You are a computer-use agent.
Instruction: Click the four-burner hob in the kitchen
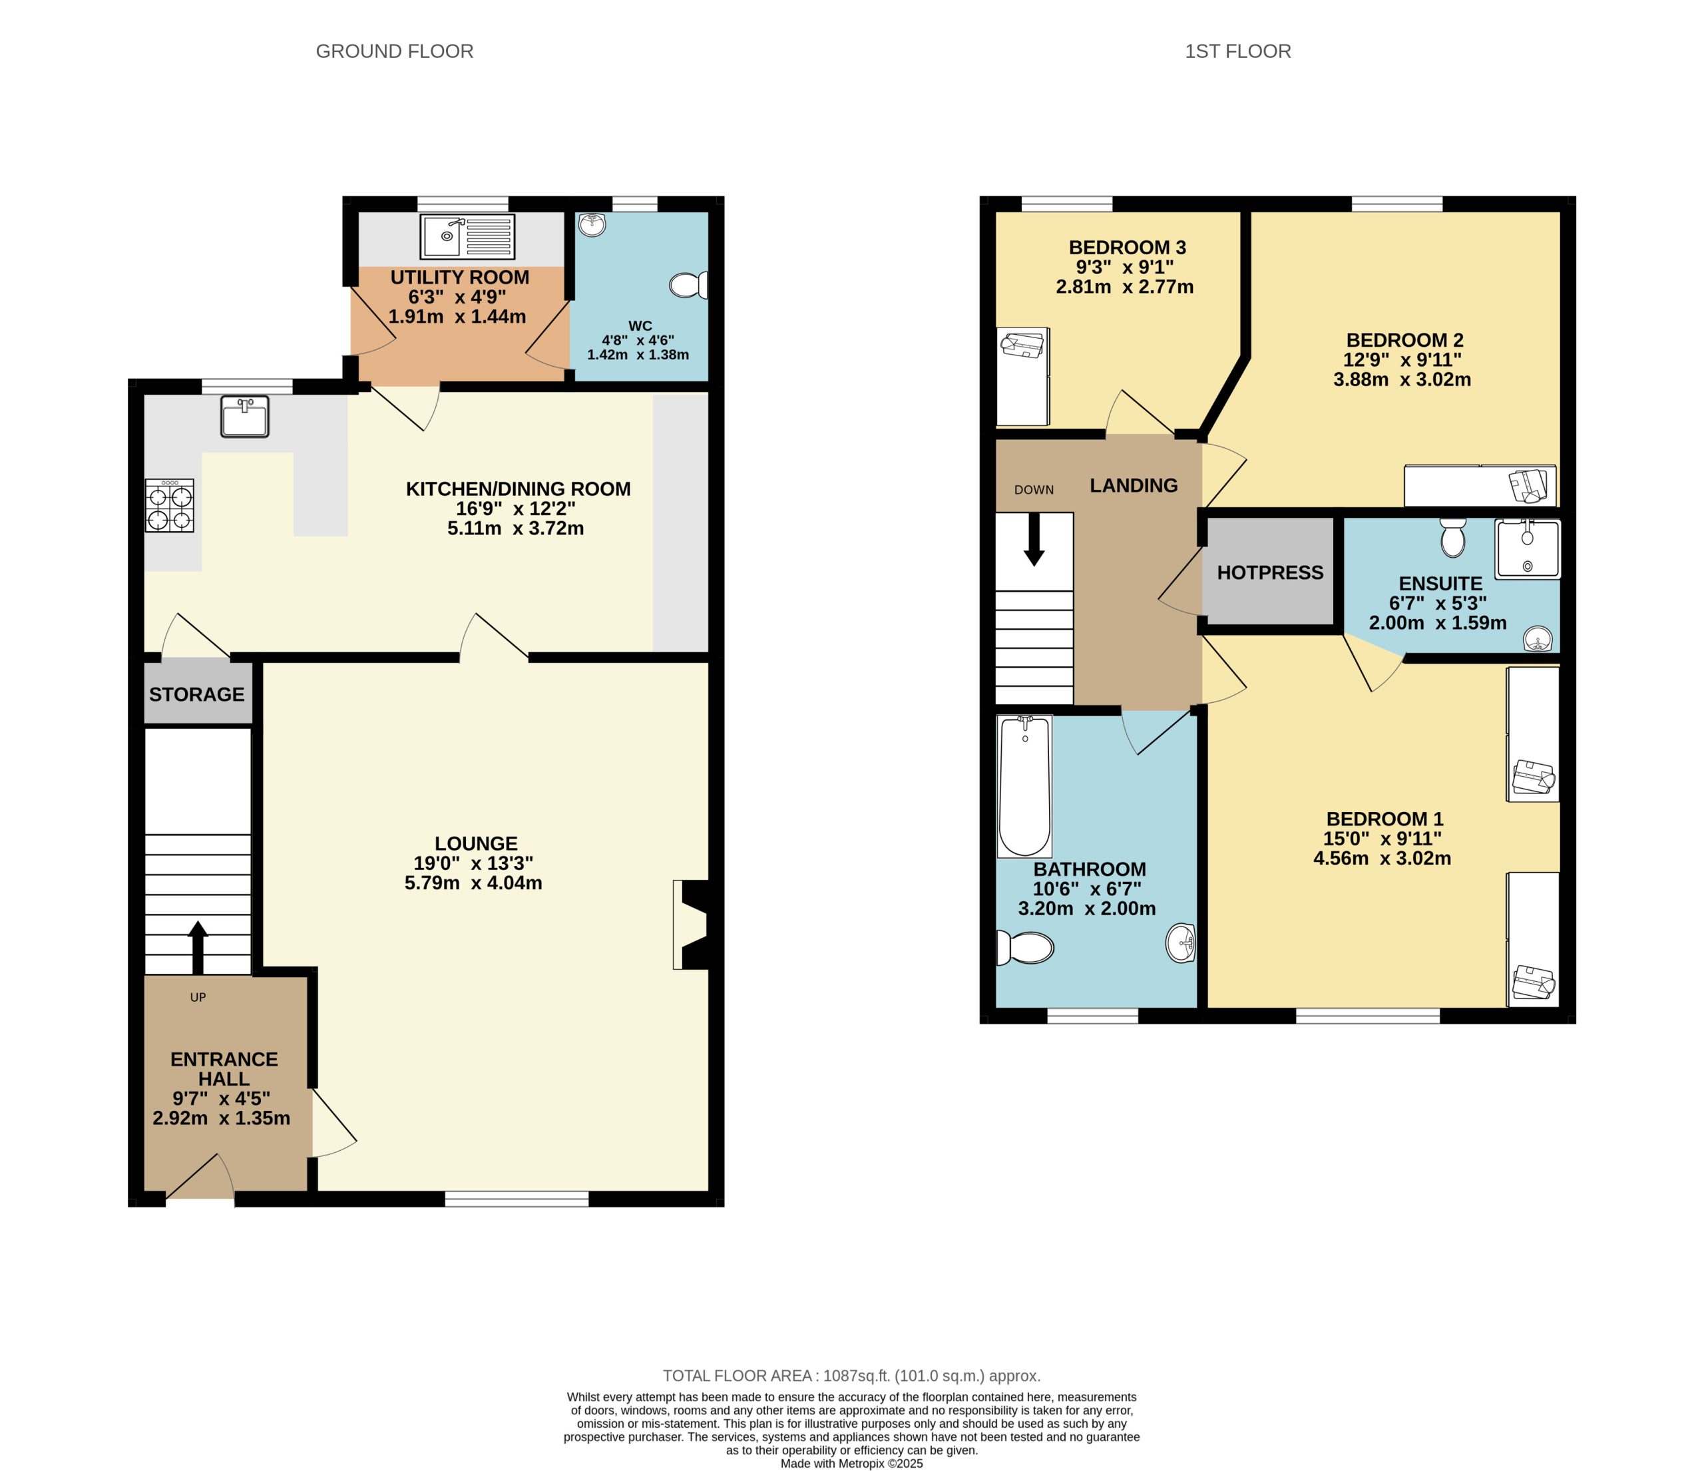pos(170,506)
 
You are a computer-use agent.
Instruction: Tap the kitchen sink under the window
pos(244,416)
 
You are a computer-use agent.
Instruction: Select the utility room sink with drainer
pos(467,236)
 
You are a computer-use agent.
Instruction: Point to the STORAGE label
pos(196,695)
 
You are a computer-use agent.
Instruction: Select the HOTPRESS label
pos(1270,573)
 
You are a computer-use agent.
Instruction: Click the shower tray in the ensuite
pos(1527,549)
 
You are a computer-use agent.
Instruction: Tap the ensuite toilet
pos(1453,538)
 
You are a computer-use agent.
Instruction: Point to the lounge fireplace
pos(691,925)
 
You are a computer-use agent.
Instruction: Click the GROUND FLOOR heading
pos(394,52)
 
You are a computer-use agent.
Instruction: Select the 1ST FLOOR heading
pos(1237,52)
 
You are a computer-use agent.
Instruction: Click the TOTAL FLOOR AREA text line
pos(851,1376)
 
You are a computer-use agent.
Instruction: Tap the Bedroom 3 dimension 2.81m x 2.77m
pos(1124,287)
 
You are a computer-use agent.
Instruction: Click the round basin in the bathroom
pos(1181,943)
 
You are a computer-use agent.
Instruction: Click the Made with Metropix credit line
pos(851,1464)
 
